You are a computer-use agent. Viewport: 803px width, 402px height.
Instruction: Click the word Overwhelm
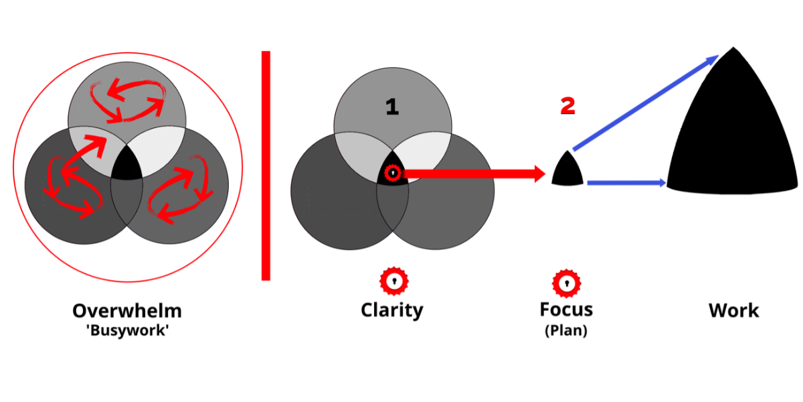pyautogui.click(x=126, y=311)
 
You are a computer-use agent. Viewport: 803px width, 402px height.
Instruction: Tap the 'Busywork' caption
pyautogui.click(x=126, y=330)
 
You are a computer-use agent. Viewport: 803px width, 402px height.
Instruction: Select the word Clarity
pyautogui.click(x=392, y=310)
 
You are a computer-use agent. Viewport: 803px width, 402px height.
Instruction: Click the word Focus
pyautogui.click(x=566, y=310)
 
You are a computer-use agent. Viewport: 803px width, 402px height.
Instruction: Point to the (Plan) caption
pyautogui.click(x=566, y=330)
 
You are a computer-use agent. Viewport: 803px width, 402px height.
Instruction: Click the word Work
pyautogui.click(x=733, y=311)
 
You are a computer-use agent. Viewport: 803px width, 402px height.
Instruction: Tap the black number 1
pyautogui.click(x=392, y=107)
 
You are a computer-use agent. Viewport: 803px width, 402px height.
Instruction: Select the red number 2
pyautogui.click(x=567, y=105)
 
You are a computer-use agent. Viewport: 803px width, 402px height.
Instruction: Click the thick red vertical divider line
pyautogui.click(x=266, y=165)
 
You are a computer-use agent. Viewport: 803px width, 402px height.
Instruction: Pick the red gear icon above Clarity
pyautogui.click(x=393, y=281)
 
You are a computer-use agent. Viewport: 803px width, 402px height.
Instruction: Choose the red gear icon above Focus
pyautogui.click(x=566, y=283)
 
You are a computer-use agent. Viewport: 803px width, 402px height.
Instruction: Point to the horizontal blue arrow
pyautogui.click(x=626, y=182)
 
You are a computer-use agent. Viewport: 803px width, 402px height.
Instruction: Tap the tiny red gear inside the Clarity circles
pyautogui.click(x=393, y=174)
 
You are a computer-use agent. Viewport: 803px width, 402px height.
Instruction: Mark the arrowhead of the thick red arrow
pyautogui.click(x=539, y=174)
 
